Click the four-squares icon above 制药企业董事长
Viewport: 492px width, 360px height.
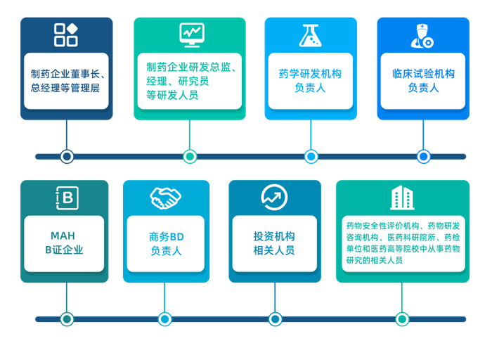point(66,34)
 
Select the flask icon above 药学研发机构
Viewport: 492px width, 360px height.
point(310,35)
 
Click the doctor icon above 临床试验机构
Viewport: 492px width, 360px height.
point(422,36)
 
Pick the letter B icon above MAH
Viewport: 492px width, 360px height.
point(65,198)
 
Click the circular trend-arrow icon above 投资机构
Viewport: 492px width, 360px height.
point(274,198)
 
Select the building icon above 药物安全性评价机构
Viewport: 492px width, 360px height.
point(402,198)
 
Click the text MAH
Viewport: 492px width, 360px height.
point(63,236)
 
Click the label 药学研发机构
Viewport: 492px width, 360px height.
point(310,73)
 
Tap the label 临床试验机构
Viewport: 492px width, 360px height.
point(423,73)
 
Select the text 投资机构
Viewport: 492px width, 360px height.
point(274,236)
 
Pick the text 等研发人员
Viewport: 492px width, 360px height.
point(172,95)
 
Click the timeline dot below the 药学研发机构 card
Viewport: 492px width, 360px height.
point(311,156)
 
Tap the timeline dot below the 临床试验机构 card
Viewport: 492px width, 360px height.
point(423,156)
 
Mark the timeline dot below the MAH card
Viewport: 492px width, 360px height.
point(67,319)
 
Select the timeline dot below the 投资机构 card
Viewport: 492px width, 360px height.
point(275,319)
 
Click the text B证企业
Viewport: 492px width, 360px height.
point(64,250)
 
